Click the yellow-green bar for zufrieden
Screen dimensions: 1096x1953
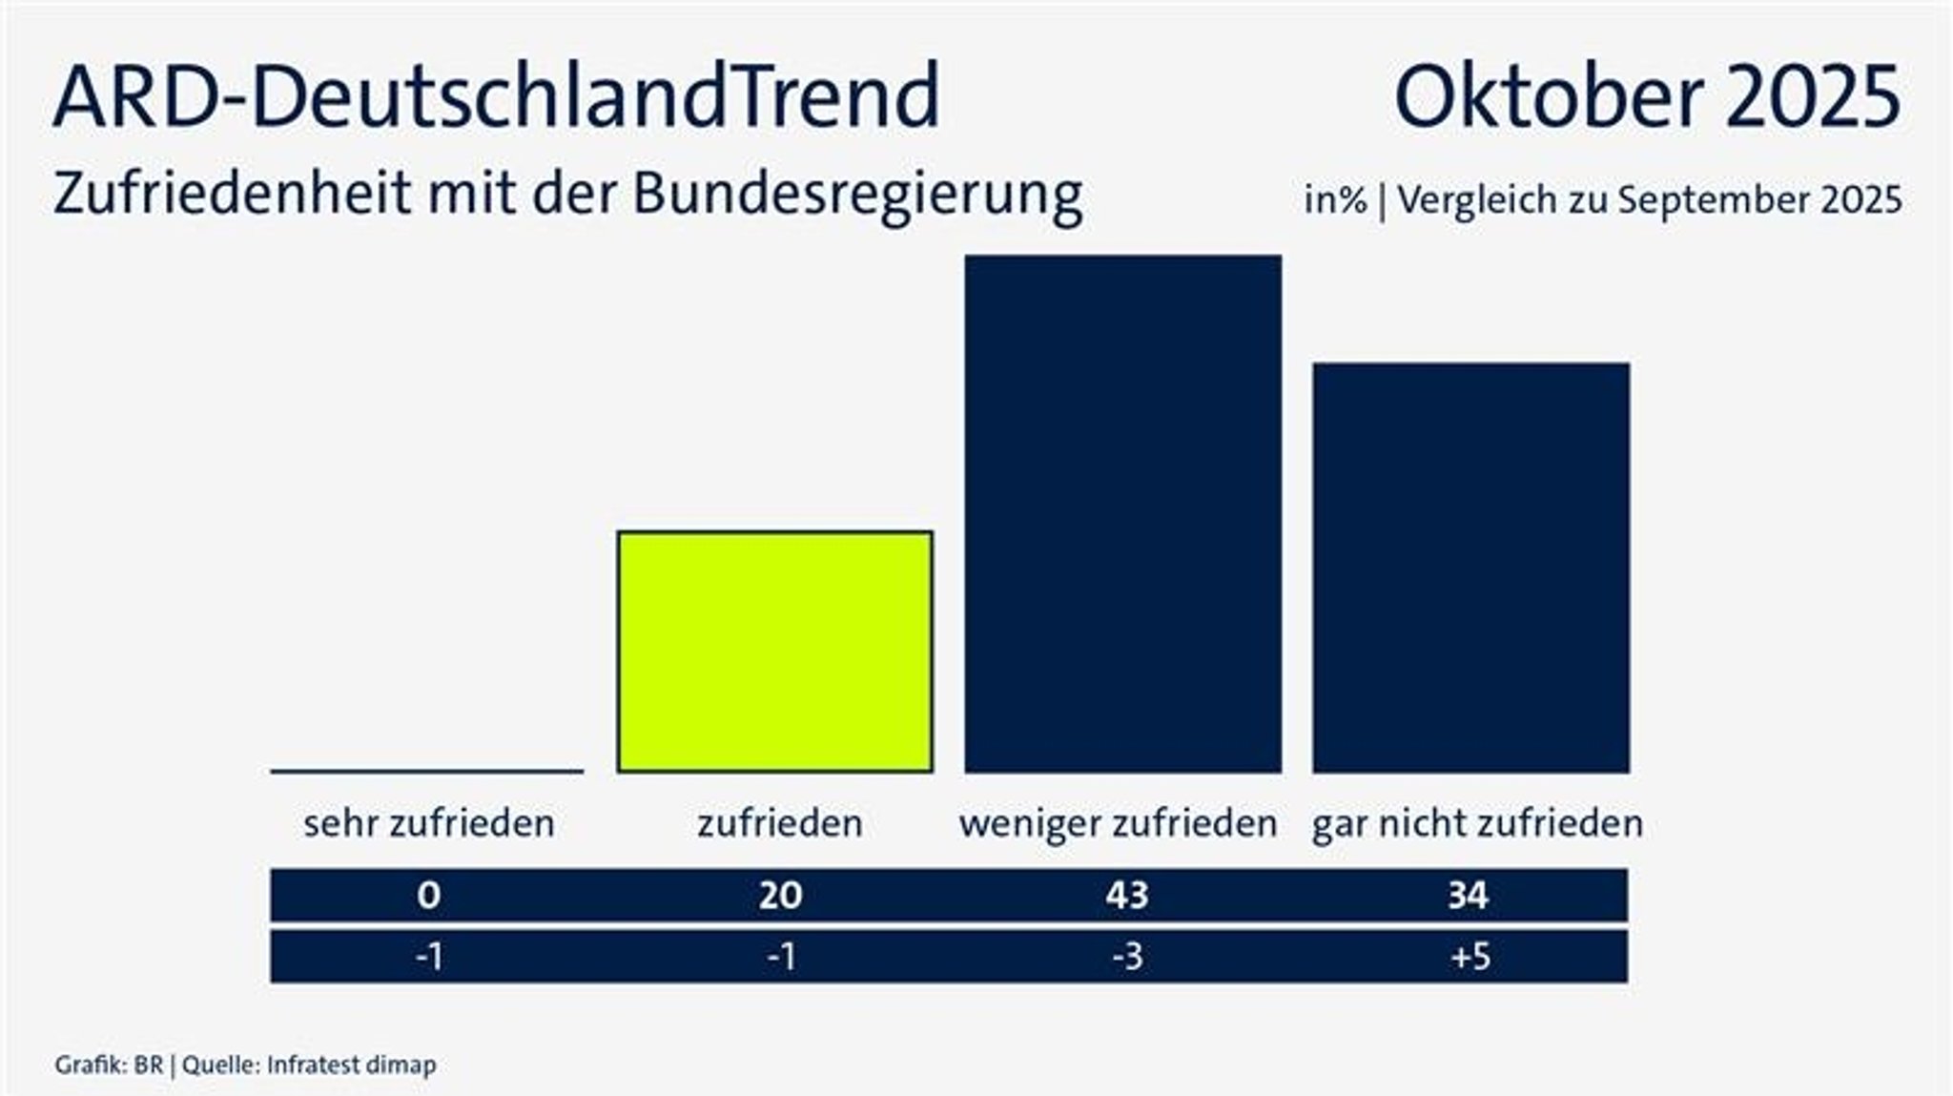pos(774,651)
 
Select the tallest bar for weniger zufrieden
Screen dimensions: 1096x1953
pos(1122,513)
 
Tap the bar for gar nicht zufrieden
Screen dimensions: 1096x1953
pos(1470,568)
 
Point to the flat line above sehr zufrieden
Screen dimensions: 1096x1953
pos(427,771)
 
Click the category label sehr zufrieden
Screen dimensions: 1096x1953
pos(429,823)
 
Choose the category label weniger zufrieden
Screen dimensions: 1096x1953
pos(1118,823)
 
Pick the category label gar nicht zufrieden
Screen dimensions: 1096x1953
pos(1477,823)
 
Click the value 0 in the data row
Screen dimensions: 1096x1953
pos(428,895)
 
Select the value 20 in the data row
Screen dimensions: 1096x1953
pos(780,895)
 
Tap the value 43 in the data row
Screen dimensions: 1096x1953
pos(1127,895)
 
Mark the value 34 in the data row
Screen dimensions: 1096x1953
pos(1469,895)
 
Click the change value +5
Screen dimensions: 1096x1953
pos(1470,956)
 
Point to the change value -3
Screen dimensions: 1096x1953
pos(1127,956)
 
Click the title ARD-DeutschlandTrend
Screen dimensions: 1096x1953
pos(497,96)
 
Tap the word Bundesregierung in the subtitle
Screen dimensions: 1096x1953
pos(857,195)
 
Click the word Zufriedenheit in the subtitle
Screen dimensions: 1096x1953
pos(232,193)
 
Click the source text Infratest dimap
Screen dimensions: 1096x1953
pos(351,1065)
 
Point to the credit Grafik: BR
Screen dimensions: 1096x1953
pos(109,1065)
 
